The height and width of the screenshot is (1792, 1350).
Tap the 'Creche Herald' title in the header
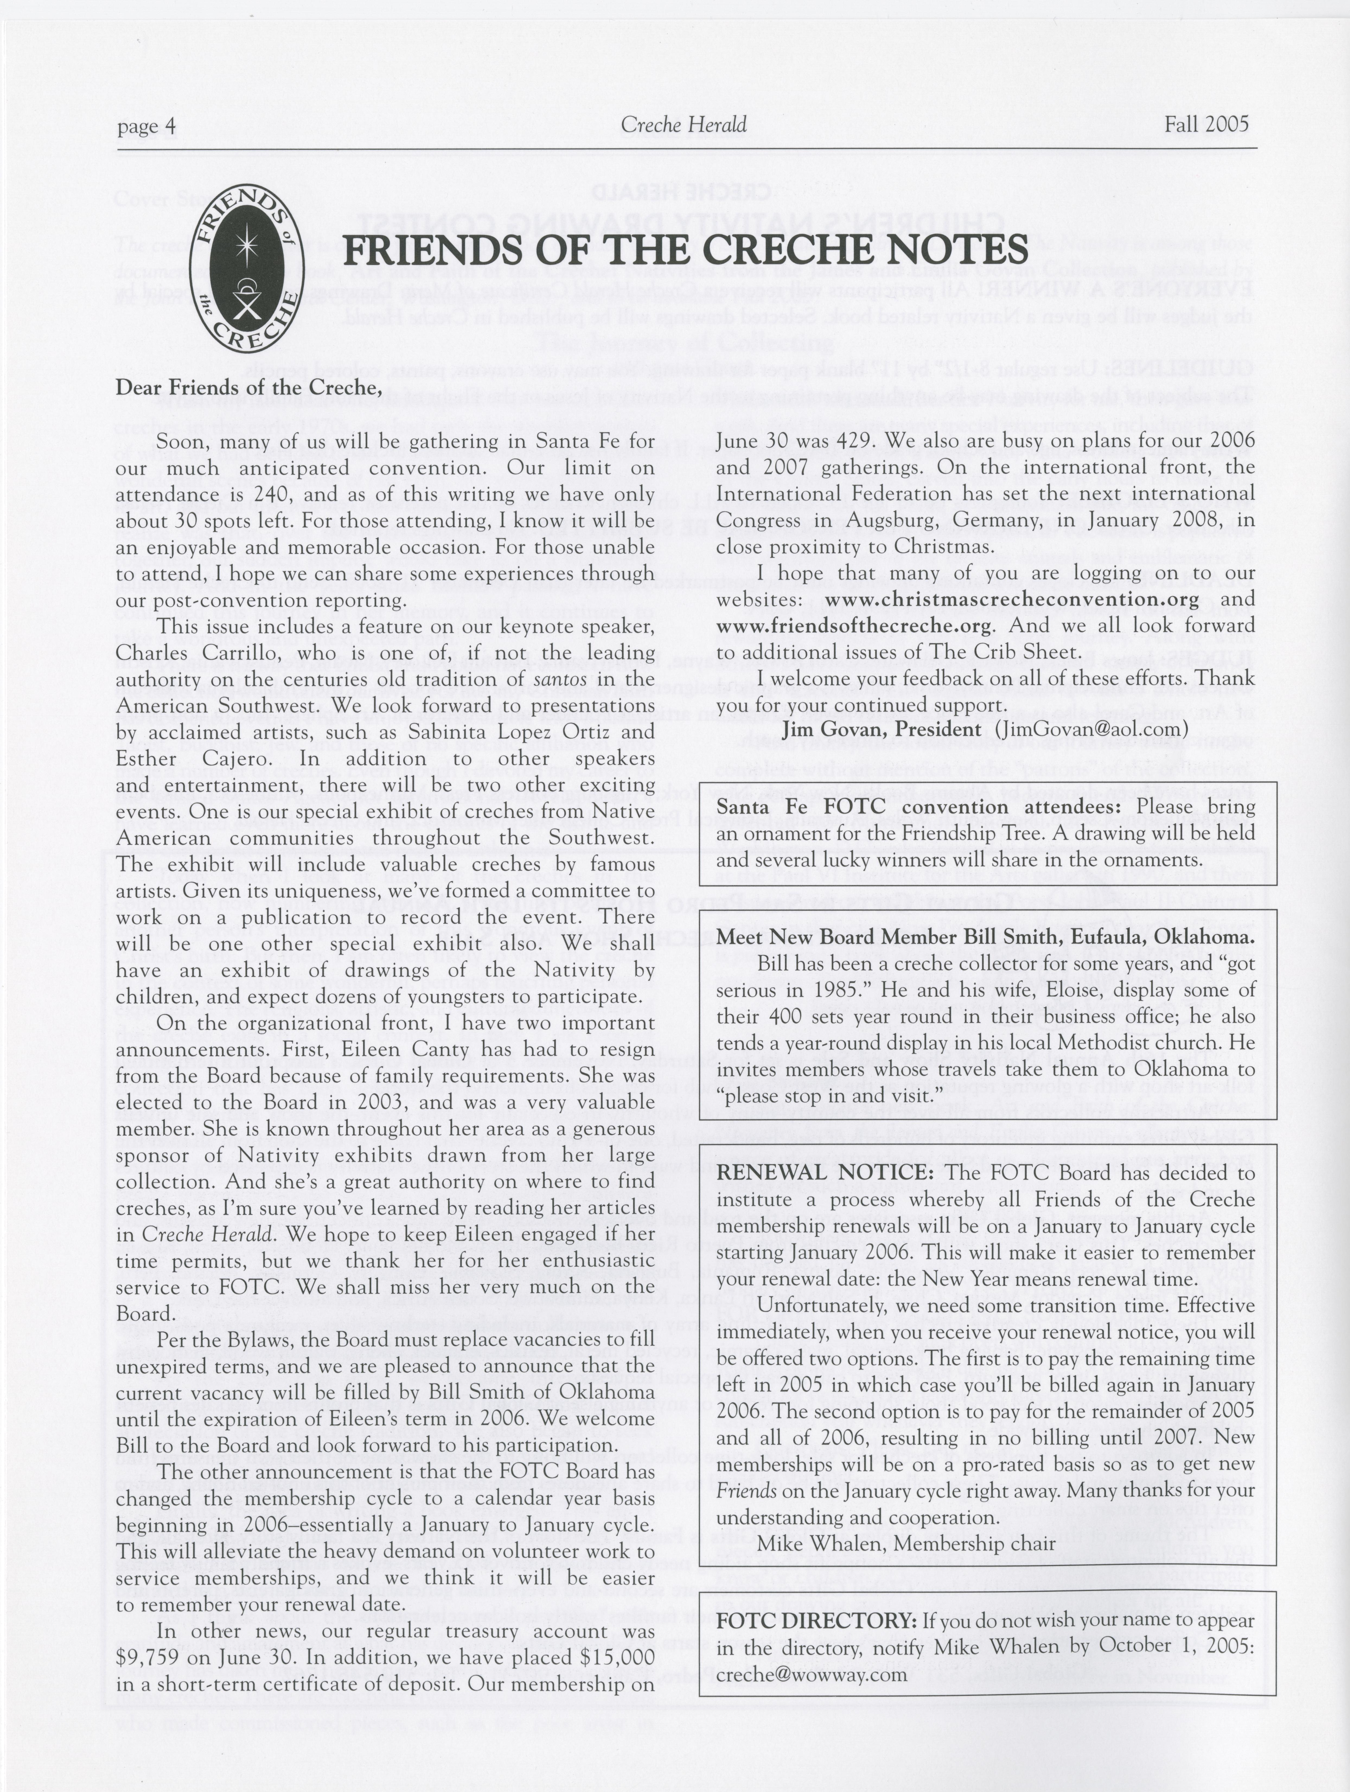(683, 125)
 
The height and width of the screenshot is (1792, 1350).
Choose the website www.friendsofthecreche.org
(854, 626)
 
